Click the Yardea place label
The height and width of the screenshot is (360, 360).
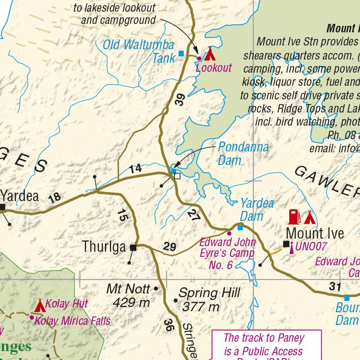point(20,195)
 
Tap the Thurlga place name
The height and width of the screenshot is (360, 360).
point(104,247)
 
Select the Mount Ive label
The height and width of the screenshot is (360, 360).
point(315,233)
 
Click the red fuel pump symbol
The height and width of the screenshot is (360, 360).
point(294,217)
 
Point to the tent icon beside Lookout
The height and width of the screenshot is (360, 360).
point(209,53)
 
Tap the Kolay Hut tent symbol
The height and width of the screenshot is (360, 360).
point(40,306)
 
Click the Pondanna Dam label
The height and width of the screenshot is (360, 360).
point(243,154)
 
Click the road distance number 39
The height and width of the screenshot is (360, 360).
point(180,100)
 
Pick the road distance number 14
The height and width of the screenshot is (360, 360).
point(135,169)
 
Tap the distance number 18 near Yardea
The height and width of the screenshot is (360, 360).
point(54,197)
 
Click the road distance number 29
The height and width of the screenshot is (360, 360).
point(169,247)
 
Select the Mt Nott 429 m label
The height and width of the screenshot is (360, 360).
point(128,295)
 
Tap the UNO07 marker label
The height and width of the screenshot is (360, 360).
point(311,247)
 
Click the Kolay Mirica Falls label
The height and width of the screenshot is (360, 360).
point(73,321)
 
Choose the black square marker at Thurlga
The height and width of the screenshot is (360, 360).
point(133,247)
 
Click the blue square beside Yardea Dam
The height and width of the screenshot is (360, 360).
point(240,227)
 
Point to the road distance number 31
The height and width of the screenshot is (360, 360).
point(334,286)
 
